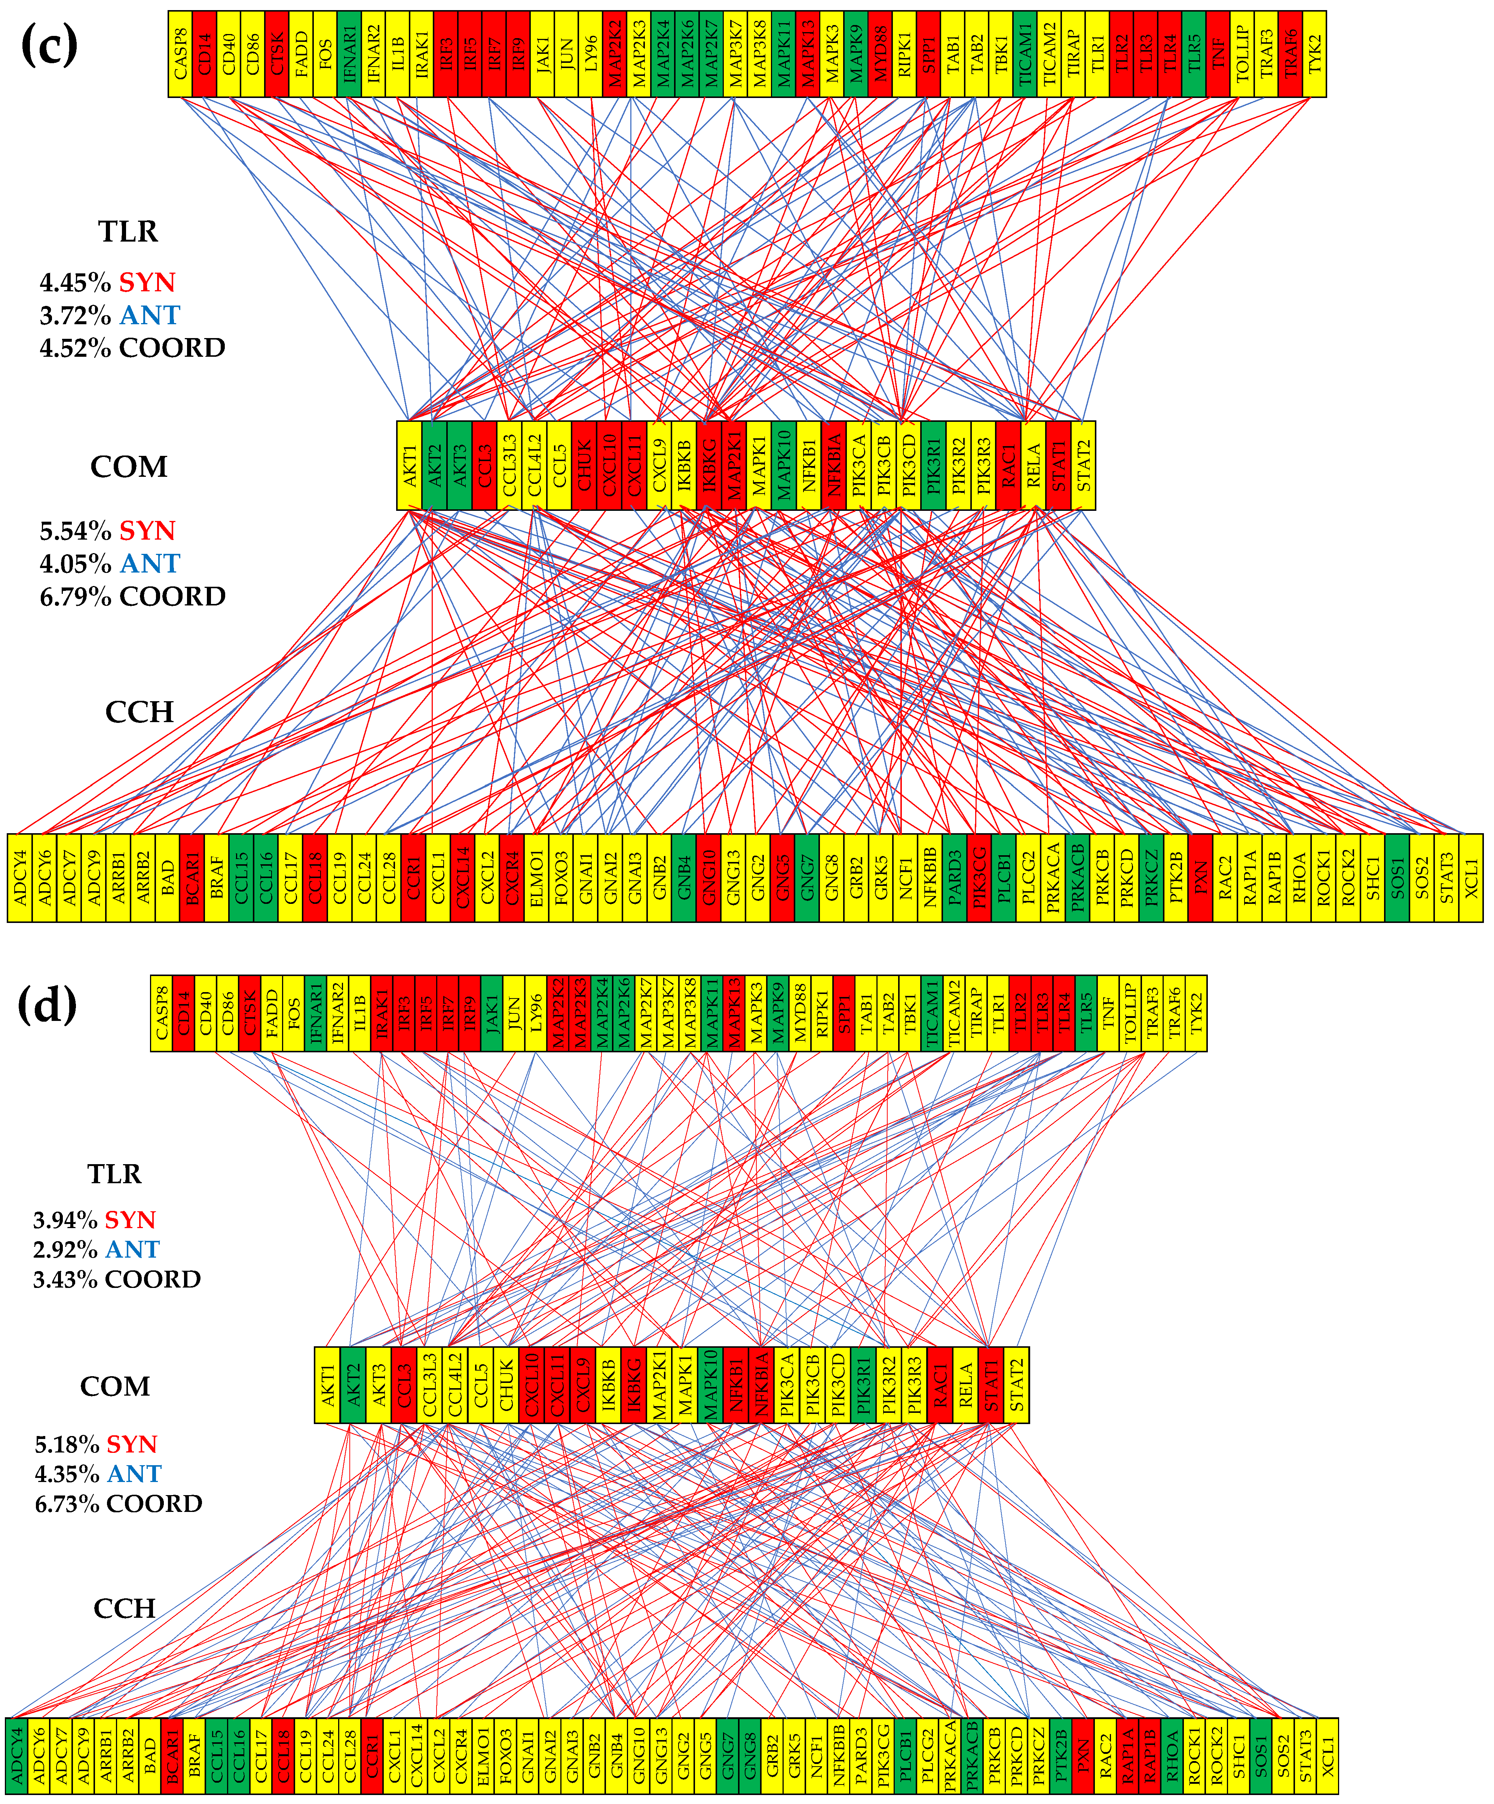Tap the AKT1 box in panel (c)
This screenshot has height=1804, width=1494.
point(409,466)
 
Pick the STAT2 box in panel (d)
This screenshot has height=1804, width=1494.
point(1016,1385)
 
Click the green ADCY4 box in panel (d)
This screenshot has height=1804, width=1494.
point(16,1757)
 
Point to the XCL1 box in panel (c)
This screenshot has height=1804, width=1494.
point(1471,877)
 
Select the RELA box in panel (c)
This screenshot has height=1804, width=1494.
point(1034,466)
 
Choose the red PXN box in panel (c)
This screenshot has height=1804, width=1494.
point(1200,877)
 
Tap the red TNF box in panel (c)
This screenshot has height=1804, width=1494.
point(1218,54)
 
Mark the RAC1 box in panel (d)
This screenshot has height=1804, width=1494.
point(940,1385)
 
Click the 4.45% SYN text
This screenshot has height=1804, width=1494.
point(107,283)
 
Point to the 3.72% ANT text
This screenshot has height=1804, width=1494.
point(109,315)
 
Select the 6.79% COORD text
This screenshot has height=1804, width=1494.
point(132,596)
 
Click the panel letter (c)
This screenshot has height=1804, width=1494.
point(49,45)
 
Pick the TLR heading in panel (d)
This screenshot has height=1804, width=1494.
point(114,1173)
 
